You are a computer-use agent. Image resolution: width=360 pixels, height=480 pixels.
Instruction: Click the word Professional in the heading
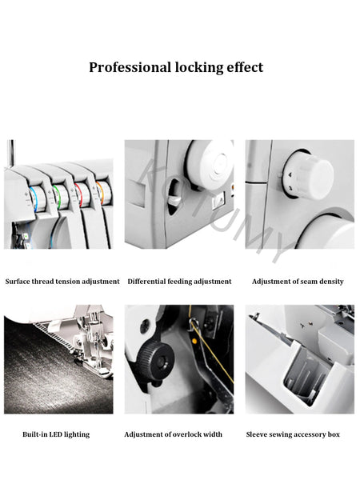[130, 67]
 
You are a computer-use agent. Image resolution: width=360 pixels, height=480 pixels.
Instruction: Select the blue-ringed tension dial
[37, 198]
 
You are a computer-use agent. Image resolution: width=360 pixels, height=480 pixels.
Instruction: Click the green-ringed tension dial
[60, 197]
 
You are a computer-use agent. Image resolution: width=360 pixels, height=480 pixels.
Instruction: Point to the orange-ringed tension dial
[103, 193]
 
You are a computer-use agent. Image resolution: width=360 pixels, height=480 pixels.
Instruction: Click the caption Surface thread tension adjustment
[62, 282]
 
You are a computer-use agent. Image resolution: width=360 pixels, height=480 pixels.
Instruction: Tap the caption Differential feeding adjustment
[179, 282]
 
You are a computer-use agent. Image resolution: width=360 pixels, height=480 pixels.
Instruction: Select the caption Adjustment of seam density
[298, 282]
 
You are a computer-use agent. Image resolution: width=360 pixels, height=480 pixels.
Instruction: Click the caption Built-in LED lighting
[56, 434]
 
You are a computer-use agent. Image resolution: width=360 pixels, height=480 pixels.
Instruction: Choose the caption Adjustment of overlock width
[174, 434]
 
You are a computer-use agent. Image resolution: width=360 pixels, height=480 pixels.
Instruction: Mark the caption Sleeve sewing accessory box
[293, 434]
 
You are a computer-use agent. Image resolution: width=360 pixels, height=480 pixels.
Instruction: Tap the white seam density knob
[309, 174]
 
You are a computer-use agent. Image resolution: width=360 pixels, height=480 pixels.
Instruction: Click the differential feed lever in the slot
[175, 201]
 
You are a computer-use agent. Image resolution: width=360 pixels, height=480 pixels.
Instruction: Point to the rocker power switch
[219, 200]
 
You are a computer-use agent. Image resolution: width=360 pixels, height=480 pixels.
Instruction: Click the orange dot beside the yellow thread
[194, 341]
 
